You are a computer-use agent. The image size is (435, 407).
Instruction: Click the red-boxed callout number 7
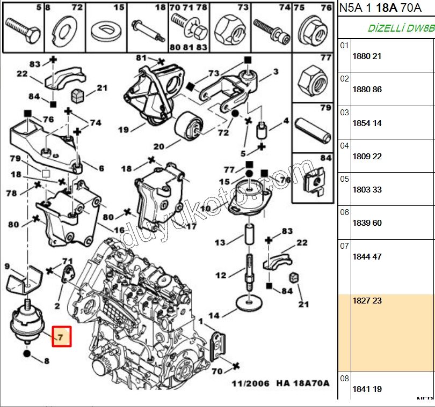point(61,337)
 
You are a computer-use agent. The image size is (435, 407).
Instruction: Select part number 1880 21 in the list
point(367,56)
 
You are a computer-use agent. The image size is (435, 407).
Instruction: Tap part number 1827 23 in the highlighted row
point(367,301)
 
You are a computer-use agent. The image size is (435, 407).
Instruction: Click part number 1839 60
point(367,223)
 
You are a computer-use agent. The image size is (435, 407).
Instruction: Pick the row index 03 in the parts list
point(344,112)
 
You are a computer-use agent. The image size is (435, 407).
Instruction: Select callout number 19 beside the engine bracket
point(124,129)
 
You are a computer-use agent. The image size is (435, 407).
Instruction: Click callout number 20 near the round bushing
point(158,146)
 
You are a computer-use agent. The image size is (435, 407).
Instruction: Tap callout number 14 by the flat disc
point(214,315)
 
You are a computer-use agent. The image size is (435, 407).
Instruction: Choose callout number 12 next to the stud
point(221,276)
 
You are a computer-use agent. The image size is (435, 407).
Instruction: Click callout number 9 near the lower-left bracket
point(7,266)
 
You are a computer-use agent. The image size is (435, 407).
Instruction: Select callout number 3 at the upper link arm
point(275,71)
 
